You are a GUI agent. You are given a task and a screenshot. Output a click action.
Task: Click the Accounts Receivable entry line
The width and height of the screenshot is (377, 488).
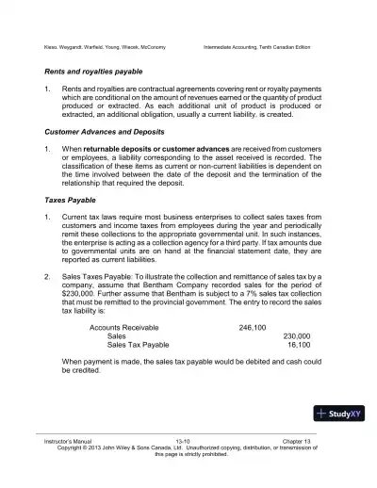pos(123,327)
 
